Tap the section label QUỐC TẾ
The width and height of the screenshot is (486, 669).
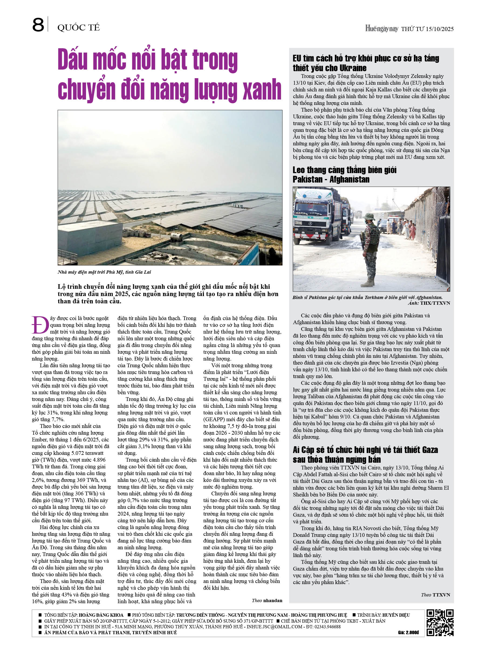pos(78,28)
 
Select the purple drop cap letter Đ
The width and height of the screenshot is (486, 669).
pos(40,325)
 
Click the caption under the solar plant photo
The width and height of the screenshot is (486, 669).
pos(104,272)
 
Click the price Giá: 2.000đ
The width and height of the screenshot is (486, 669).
pos(408,632)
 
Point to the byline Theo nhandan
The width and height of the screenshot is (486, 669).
pos(267,601)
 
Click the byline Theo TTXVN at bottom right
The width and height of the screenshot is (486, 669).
pos(435,595)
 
